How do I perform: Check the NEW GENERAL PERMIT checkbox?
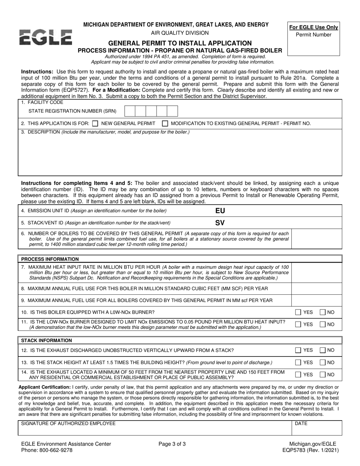(x=95, y=123)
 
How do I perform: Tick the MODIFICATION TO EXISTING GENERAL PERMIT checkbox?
(x=165, y=123)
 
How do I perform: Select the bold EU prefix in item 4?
(x=220, y=211)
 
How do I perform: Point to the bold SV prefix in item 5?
(x=220, y=223)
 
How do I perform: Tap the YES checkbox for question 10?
(x=298, y=312)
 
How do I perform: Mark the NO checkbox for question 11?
(x=322, y=324)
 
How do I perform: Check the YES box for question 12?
(x=298, y=350)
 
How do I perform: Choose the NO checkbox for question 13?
(x=322, y=362)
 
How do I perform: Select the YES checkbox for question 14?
(x=298, y=374)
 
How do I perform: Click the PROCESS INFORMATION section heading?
(x=50, y=259)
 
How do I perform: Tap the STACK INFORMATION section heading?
(x=46, y=341)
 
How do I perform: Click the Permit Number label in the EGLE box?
(x=313, y=35)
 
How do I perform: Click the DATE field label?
(x=301, y=423)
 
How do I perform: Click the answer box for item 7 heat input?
(x=316, y=273)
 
